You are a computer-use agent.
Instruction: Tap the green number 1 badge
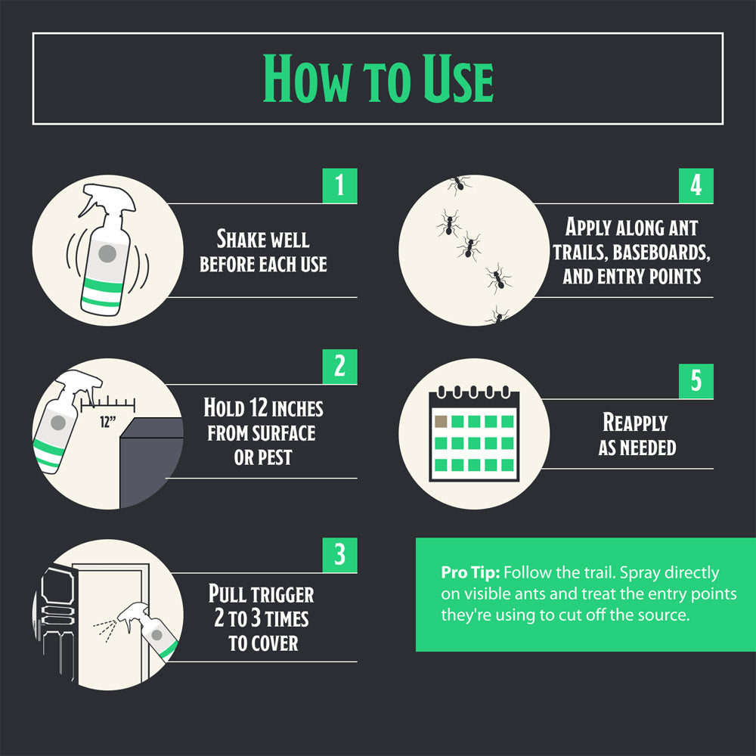pos(340,186)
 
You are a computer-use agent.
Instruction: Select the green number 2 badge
pos(340,367)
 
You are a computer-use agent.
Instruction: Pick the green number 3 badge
pos(340,555)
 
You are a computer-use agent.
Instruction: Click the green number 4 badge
pos(696,186)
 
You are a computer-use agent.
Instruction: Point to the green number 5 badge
pos(696,381)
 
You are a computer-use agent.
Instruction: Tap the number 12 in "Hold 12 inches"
pos(259,408)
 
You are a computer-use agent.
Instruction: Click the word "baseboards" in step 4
pos(661,253)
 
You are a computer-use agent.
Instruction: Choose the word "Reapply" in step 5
pos(635,423)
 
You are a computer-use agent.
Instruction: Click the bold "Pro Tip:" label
pos(470,573)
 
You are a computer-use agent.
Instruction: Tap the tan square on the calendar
pos(441,421)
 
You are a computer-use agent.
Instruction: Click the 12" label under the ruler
pos(107,423)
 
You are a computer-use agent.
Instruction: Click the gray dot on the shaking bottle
pos(107,253)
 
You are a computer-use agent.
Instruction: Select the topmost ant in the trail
pos(458,184)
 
